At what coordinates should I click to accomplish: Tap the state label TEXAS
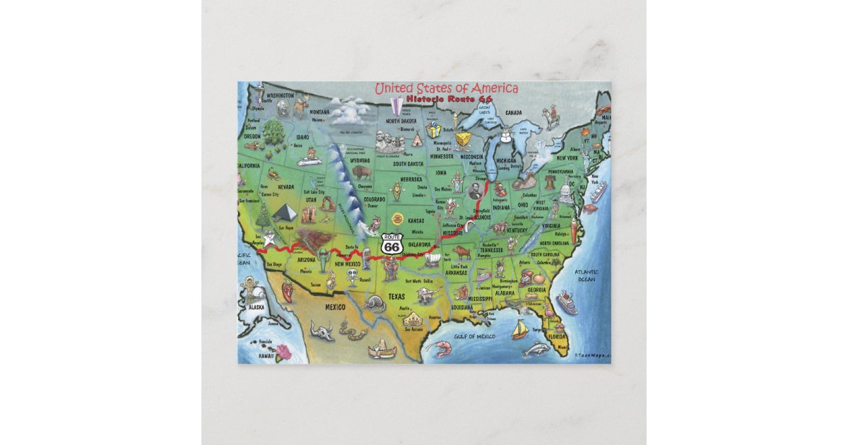396,297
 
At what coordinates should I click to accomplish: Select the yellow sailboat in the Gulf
519,328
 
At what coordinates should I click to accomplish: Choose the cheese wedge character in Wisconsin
463,138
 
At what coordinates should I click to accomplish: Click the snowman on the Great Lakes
503,141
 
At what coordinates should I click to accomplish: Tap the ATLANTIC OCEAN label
585,275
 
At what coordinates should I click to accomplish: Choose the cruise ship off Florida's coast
566,303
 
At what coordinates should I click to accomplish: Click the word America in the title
490,88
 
